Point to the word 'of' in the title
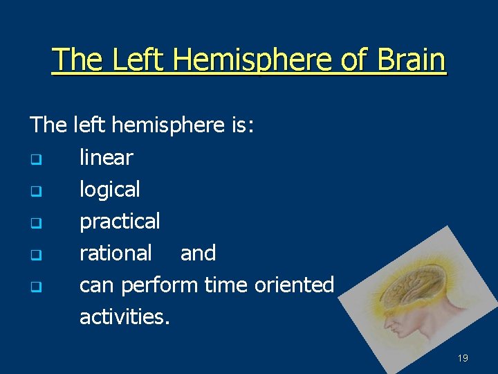(x=353, y=60)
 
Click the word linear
(x=106, y=157)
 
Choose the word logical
(x=109, y=189)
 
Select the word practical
(x=120, y=221)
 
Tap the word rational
(x=116, y=253)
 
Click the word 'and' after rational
(x=198, y=253)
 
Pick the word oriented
(x=295, y=285)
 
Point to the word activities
(x=124, y=317)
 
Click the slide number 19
(x=463, y=358)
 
